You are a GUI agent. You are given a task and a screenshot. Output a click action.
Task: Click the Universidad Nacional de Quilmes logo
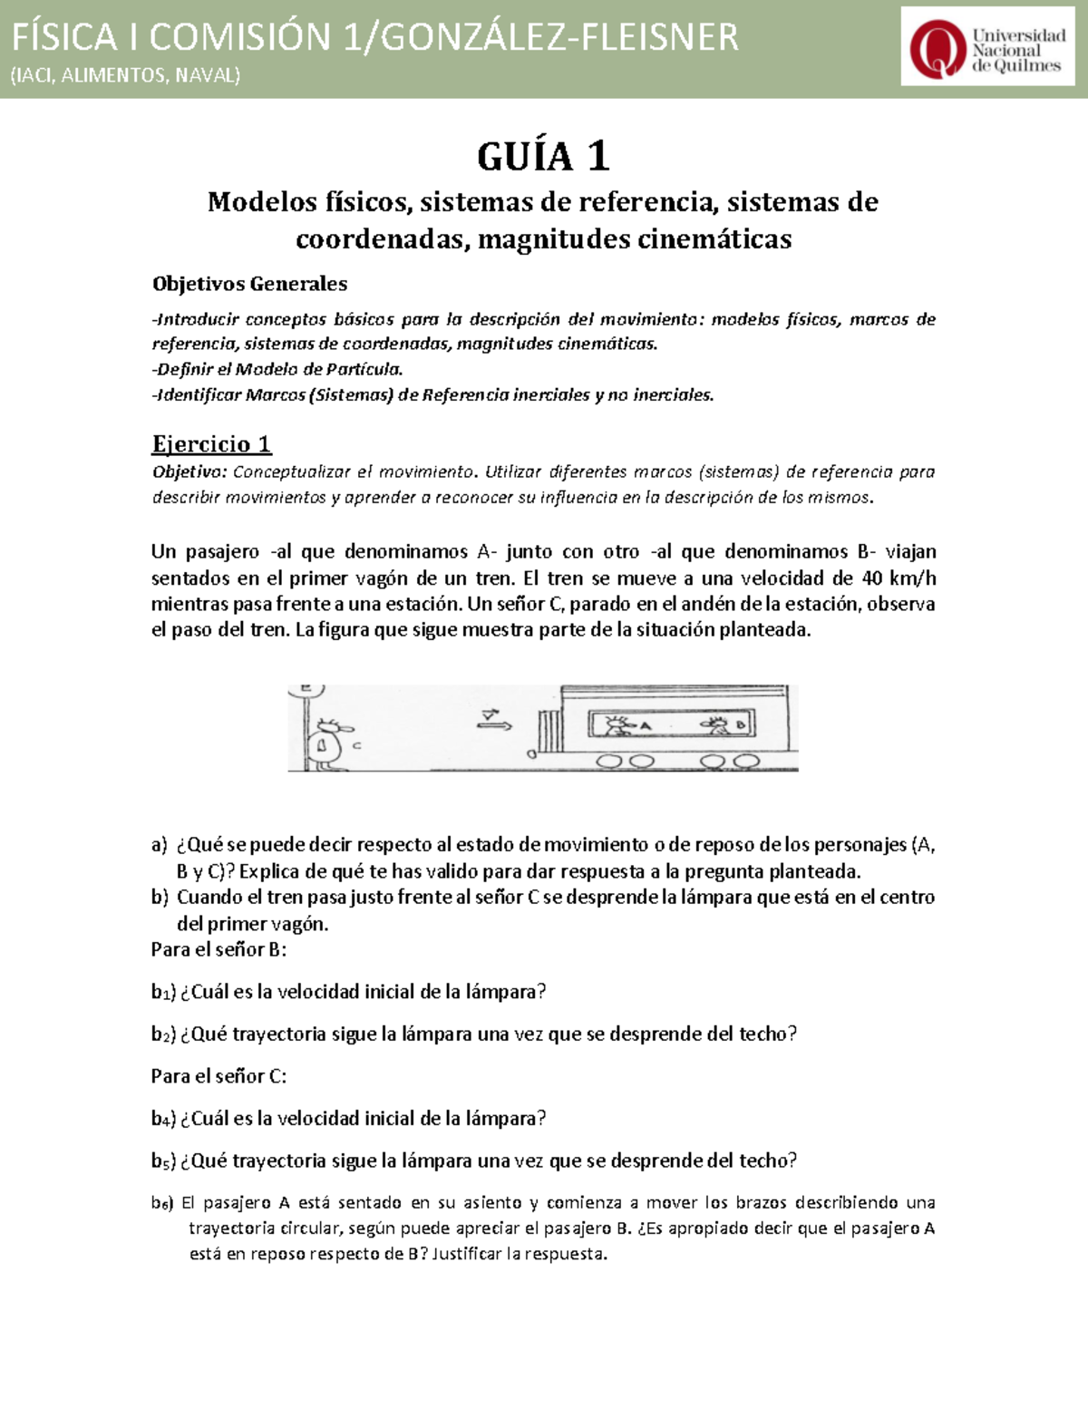coord(987,47)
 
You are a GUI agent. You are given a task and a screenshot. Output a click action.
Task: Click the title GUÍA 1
coord(543,157)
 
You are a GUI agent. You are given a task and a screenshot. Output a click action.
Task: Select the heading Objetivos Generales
coord(249,284)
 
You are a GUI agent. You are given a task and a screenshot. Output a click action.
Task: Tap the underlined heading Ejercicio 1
coord(211,443)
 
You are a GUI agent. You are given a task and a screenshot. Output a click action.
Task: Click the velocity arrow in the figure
coord(496,720)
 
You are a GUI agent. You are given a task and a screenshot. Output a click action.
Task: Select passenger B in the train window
coord(720,724)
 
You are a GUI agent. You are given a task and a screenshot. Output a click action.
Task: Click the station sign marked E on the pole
coord(306,690)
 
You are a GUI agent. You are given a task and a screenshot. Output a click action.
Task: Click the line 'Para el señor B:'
coord(219,949)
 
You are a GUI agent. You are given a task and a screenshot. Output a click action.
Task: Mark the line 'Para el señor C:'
coord(219,1076)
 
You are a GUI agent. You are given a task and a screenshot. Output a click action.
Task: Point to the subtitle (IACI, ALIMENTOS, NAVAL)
coord(125,75)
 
